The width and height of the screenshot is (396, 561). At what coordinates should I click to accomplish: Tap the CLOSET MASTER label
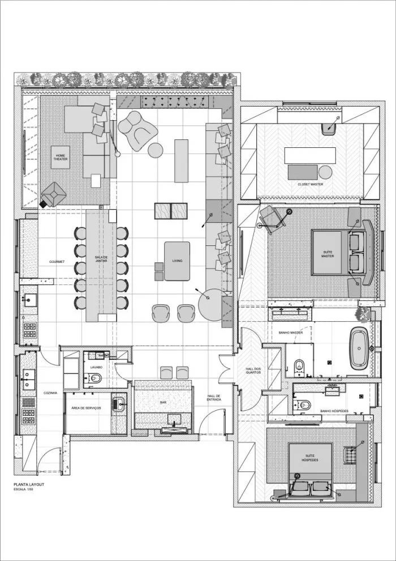click(311, 184)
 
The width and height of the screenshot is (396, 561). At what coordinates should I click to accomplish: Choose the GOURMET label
click(57, 262)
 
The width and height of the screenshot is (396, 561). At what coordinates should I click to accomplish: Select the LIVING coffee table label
click(177, 261)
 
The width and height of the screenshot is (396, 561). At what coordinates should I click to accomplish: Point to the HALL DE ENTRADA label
click(214, 397)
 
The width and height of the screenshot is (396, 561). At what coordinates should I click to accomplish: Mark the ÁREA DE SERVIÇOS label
click(87, 408)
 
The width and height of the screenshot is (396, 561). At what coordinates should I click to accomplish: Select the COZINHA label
click(51, 393)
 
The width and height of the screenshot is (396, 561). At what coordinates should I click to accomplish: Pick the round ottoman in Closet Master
click(325, 172)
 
